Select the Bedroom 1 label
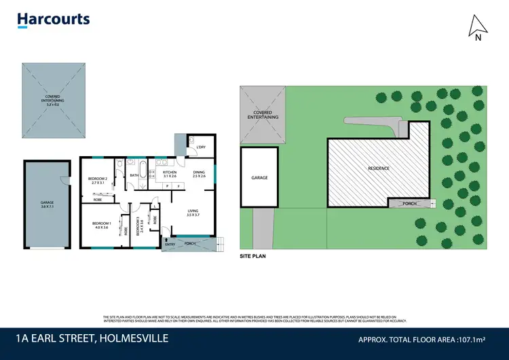[100, 226]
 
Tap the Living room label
[193, 213]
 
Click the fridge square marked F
[178, 185]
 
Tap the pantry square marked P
[167, 185]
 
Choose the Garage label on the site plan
[260, 177]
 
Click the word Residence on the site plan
[378, 167]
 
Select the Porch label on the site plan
[409, 203]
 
